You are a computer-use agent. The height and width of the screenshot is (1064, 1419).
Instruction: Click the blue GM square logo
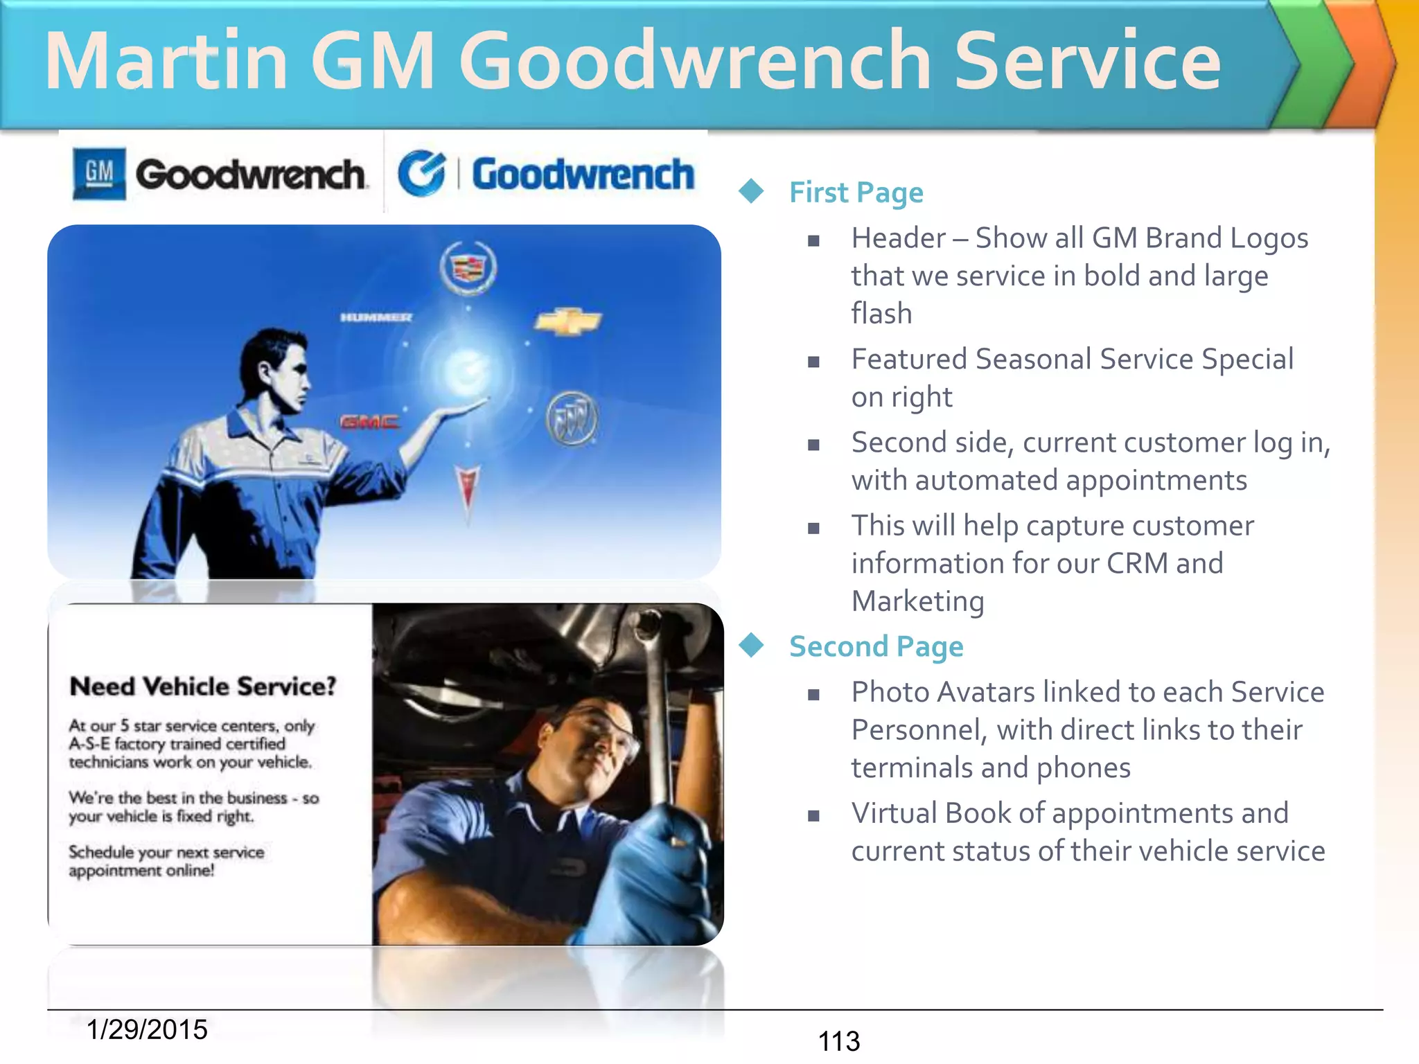coord(99,173)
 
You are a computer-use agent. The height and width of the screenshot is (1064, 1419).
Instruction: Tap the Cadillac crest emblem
coord(468,267)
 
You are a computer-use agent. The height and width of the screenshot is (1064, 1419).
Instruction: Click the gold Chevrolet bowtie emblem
coord(568,321)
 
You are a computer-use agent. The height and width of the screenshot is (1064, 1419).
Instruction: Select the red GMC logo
coord(369,422)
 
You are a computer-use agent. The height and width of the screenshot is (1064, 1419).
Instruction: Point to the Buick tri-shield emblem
coord(572,418)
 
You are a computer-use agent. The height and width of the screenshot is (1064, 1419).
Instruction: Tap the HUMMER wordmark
coord(376,317)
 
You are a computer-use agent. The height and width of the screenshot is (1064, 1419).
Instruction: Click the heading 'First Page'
coord(856,192)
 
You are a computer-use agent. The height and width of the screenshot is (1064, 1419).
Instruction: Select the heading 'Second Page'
coord(876,646)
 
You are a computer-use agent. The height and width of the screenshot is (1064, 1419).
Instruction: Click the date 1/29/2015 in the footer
coord(147,1029)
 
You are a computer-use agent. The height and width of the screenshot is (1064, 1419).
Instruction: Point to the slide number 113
coord(838,1041)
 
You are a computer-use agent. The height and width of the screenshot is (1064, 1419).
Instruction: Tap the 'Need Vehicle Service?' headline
coord(203,686)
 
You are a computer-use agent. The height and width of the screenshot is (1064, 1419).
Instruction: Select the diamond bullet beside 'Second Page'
coord(751,645)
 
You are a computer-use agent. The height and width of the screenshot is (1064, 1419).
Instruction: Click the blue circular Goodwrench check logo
coord(421,173)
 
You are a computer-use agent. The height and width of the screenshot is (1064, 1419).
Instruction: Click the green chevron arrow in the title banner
coord(1316,64)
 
